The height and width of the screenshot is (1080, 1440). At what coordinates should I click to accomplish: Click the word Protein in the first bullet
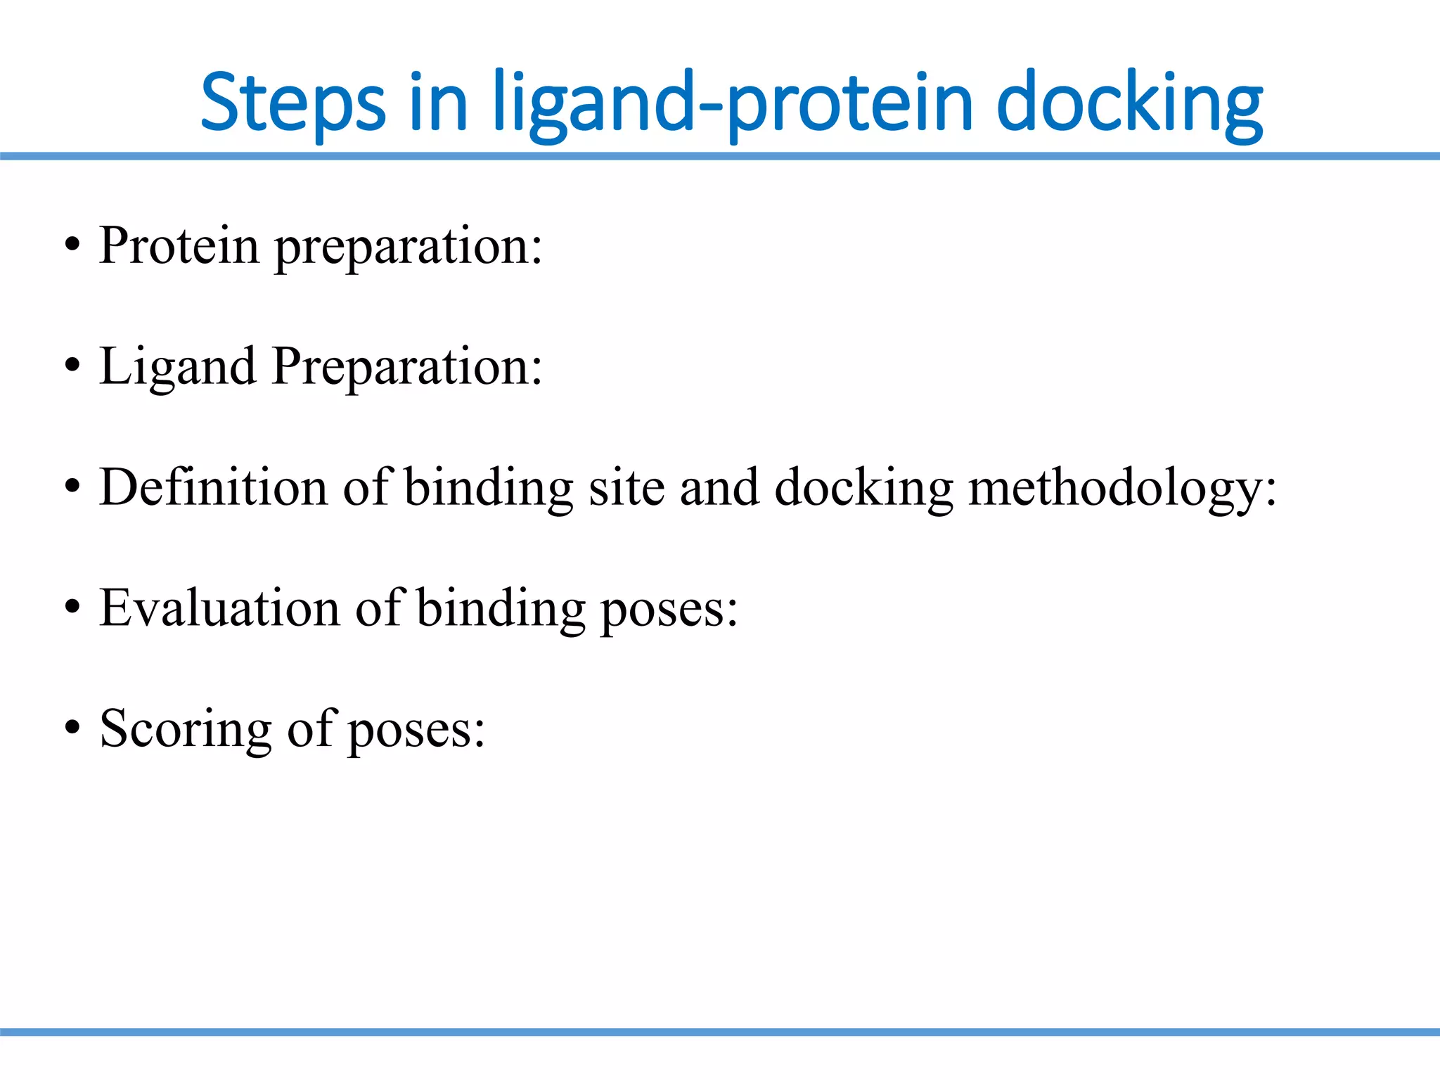(x=179, y=245)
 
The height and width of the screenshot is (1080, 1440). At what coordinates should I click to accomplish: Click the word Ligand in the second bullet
(x=177, y=366)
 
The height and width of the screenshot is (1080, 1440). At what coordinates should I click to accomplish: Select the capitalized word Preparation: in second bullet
(x=407, y=366)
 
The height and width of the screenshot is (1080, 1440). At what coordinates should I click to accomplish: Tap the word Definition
(x=213, y=487)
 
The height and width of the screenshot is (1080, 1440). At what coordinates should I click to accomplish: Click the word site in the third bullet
(x=626, y=487)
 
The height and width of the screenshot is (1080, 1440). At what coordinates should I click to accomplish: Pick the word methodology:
(x=1122, y=488)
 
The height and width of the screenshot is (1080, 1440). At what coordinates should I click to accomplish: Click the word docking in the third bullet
(x=863, y=488)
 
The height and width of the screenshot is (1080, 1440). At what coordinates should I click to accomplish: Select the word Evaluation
(x=219, y=607)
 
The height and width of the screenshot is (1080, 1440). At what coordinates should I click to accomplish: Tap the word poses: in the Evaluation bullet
(x=669, y=609)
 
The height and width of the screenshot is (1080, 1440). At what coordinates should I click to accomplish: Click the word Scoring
(x=186, y=729)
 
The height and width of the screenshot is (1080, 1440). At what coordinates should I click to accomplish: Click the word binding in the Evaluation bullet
(x=501, y=607)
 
